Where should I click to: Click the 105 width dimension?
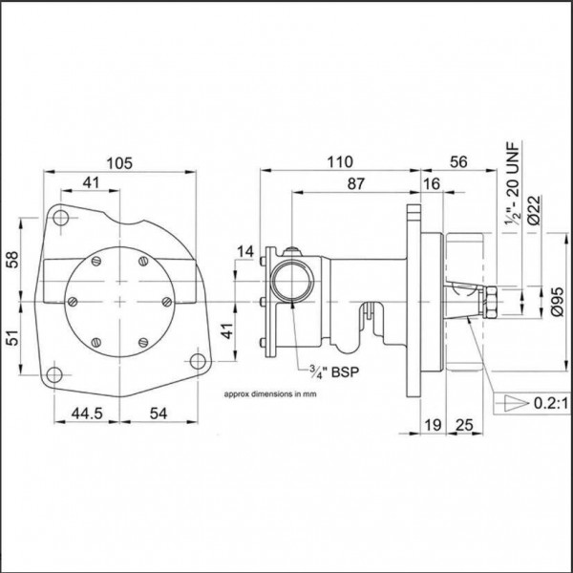pos(119,163)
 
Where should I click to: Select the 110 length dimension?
pos(340,162)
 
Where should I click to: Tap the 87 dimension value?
pos(355,183)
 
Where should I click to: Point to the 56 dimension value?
pos(458,162)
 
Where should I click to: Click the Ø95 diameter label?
pos(559,302)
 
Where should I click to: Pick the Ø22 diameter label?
pos(534,210)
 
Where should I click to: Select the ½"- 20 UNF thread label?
pos(512,183)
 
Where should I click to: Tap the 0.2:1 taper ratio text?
pos(551,403)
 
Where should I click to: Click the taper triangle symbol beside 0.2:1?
pos(517,403)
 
